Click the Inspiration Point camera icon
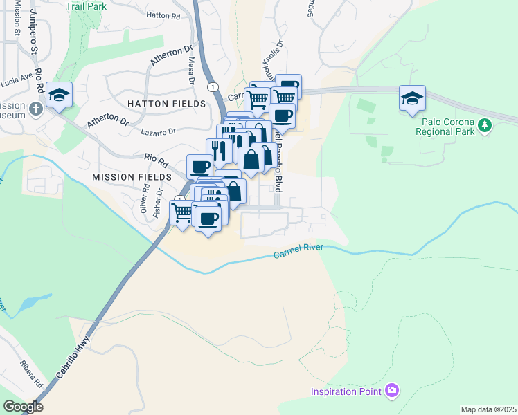click(x=392, y=391)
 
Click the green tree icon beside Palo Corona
click(x=485, y=125)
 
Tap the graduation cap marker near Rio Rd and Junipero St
click(x=60, y=95)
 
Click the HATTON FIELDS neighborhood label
click(x=166, y=104)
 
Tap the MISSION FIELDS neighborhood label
click(x=131, y=177)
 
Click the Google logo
click(x=23, y=406)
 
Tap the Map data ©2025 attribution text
click(x=488, y=409)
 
